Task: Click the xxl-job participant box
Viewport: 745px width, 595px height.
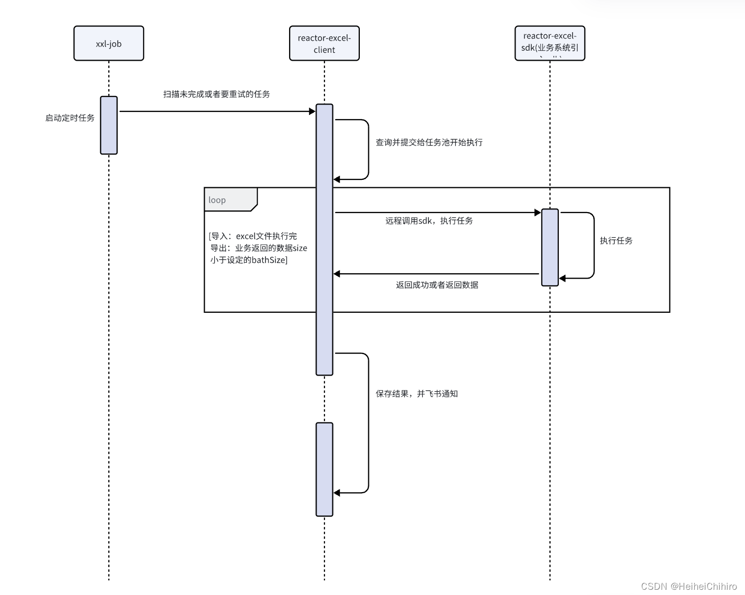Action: point(109,43)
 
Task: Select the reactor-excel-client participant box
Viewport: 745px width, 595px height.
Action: point(324,43)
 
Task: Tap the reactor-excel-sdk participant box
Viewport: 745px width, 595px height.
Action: point(550,43)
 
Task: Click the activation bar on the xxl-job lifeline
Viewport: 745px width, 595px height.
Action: point(109,125)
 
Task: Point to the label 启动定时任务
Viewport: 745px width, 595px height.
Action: point(70,118)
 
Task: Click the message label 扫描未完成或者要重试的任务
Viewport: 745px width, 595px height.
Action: point(216,94)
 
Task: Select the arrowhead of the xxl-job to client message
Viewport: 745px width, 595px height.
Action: point(312,111)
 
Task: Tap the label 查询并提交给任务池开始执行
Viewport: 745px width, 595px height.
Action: point(429,142)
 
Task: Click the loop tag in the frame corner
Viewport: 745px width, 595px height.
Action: point(217,200)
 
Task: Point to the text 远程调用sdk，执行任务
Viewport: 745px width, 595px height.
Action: point(429,220)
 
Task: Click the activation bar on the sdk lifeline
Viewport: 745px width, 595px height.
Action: point(550,247)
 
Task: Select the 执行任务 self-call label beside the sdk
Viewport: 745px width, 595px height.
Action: point(616,241)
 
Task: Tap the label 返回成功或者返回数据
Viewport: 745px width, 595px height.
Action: point(437,285)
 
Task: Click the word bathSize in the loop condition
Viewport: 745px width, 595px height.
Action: point(268,260)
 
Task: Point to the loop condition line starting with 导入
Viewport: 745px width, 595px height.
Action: point(253,236)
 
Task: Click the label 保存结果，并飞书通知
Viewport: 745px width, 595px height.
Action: point(416,394)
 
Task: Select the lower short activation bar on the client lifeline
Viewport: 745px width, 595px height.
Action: point(324,469)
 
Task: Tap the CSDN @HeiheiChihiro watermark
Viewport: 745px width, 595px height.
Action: point(689,586)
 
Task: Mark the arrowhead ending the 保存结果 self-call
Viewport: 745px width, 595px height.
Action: point(337,493)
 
